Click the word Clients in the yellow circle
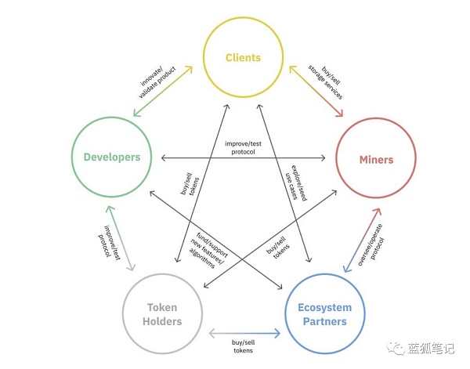tap(243, 57)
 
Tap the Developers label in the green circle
tap(111, 157)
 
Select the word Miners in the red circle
tap(376, 160)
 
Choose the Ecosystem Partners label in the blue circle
tap(324, 314)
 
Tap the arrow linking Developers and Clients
tap(162, 92)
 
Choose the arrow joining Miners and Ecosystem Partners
tap(361, 241)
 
